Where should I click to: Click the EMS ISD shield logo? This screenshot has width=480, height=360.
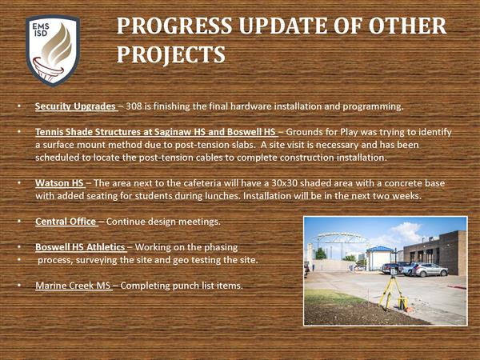(x=53, y=50)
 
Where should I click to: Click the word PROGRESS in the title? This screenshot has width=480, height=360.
(x=174, y=26)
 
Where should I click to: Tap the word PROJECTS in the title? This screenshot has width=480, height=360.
(x=171, y=54)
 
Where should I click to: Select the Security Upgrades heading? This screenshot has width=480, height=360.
(x=75, y=106)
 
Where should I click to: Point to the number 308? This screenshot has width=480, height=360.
(x=134, y=106)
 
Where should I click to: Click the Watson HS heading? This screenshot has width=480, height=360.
(x=59, y=183)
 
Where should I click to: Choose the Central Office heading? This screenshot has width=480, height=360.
(x=66, y=222)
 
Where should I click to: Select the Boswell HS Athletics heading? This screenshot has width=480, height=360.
(x=80, y=247)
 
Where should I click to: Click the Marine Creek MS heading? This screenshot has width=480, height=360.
(x=73, y=286)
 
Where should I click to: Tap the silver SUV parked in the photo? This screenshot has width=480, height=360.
(x=430, y=270)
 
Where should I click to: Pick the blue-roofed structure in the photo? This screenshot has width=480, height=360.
(x=379, y=258)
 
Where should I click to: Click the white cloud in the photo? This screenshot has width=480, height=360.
(x=406, y=232)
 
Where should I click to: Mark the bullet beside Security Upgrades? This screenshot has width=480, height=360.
(x=19, y=106)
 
